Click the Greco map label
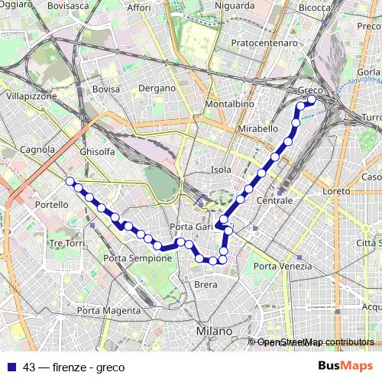click(x=310, y=90)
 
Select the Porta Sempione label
click(x=138, y=258)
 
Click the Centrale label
click(x=275, y=200)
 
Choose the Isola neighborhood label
click(x=221, y=169)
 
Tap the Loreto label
click(x=336, y=190)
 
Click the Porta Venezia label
click(x=283, y=266)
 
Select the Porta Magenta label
click(x=108, y=310)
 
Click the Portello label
click(x=51, y=206)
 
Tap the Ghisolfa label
click(x=97, y=151)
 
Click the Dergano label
click(x=157, y=88)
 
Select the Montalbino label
click(x=230, y=103)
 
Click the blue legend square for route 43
click(x=11, y=367)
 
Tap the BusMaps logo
click(x=345, y=366)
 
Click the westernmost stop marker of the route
click(x=70, y=181)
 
